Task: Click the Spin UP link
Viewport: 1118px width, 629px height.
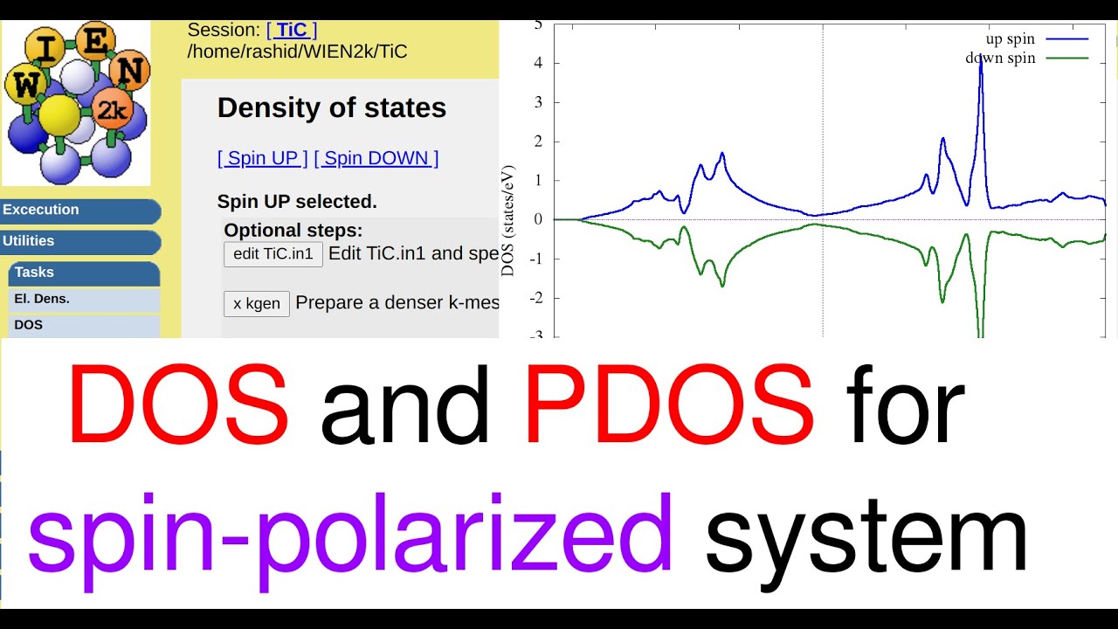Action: coord(263,158)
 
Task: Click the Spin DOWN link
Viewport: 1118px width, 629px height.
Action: coord(376,158)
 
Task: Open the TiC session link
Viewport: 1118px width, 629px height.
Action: coord(292,30)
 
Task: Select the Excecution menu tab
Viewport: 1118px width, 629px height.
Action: coord(80,211)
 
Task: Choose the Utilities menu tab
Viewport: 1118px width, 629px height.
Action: coord(80,242)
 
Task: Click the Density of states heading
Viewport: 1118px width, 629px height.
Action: coord(332,107)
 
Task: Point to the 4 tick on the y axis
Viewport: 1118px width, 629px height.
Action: coord(538,63)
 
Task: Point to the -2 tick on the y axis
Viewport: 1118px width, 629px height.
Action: coord(536,298)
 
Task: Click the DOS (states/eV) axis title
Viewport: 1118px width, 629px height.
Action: coord(507,221)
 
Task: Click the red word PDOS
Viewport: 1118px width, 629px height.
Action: coord(669,404)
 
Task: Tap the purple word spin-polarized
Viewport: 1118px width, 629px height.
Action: coord(350,542)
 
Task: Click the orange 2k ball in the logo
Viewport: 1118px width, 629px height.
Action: coord(113,109)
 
